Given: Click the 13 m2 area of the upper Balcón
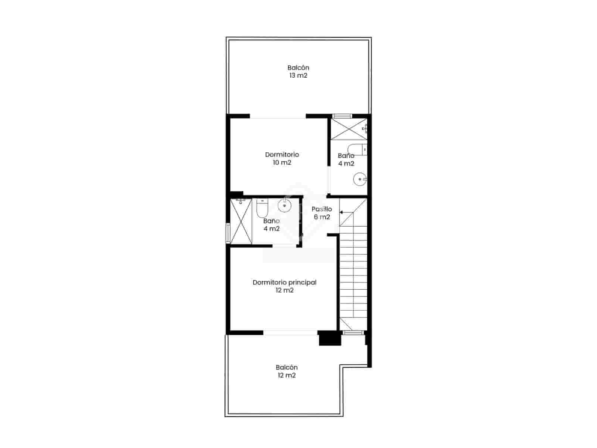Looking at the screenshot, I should [x=298, y=75].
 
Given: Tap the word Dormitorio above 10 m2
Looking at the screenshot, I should [x=282, y=155].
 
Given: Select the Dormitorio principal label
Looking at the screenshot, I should [x=284, y=282].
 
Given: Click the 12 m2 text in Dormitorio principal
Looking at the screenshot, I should [x=284, y=290].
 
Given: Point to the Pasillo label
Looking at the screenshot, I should [x=322, y=209].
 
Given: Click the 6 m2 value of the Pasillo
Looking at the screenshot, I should [x=322, y=217].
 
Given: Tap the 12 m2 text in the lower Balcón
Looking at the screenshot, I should [x=286, y=375].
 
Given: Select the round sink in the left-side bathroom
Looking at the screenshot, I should [x=284, y=205].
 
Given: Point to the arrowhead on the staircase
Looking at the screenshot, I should [x=341, y=212].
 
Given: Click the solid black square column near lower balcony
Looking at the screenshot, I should [x=329, y=338].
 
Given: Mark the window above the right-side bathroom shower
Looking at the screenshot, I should [x=342, y=116].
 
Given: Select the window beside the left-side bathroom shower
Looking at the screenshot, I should [x=228, y=233].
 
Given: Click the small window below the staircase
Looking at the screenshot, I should [x=353, y=332].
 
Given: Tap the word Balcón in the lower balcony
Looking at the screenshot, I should [x=287, y=367].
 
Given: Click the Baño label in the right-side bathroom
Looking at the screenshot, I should [x=346, y=156].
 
